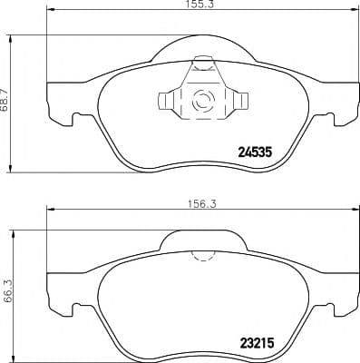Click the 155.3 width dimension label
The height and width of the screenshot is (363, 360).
187,5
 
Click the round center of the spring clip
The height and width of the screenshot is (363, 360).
203,101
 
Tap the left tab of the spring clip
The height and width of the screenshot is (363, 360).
165,101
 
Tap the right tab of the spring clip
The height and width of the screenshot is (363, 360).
241,101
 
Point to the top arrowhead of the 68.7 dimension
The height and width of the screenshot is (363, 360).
10,37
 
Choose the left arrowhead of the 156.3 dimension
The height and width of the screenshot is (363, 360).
49,215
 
